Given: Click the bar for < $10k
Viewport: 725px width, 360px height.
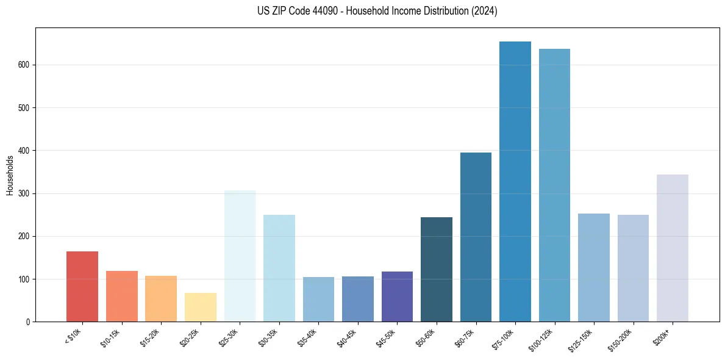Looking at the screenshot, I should tap(82, 286).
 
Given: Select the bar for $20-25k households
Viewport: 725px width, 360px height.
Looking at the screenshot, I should tap(201, 307).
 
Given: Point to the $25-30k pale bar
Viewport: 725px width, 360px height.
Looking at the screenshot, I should tap(240, 256).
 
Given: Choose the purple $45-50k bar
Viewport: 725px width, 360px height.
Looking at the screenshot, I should tap(397, 297).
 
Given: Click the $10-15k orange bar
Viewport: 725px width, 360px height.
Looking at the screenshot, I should tap(122, 296).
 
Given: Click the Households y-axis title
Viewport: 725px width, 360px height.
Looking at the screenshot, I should tap(10, 175).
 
